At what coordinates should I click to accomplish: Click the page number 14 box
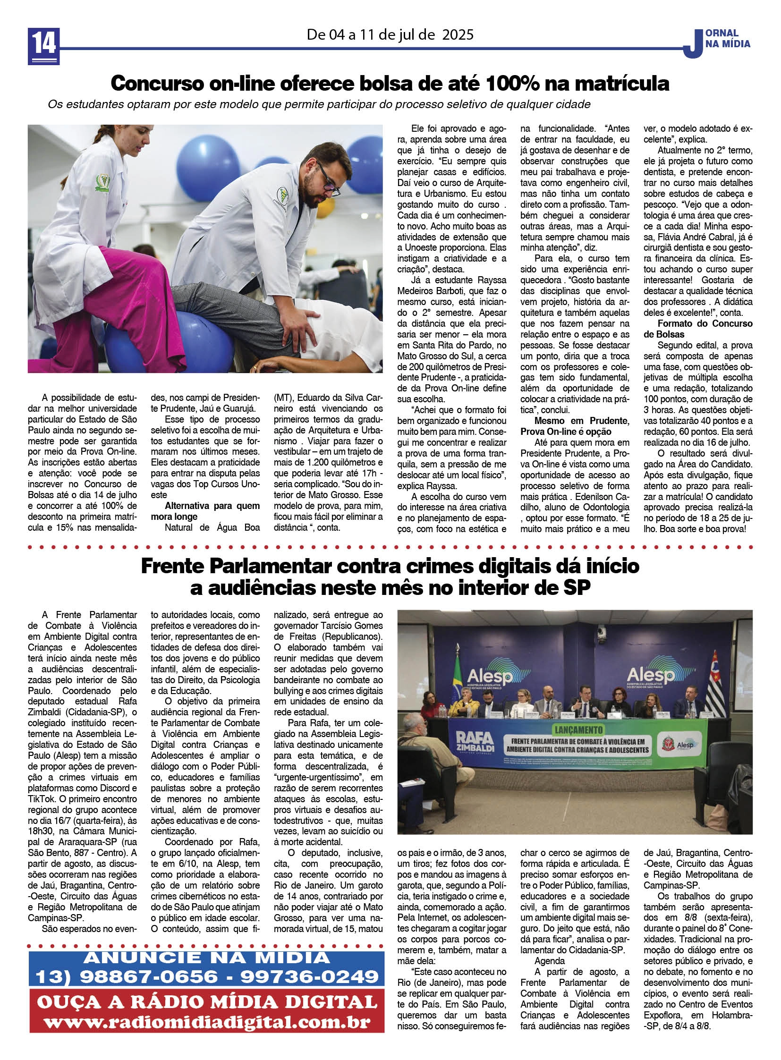(x=44, y=45)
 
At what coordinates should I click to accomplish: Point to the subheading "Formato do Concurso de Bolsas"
(x=698, y=329)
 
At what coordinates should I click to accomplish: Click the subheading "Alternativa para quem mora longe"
(x=205, y=511)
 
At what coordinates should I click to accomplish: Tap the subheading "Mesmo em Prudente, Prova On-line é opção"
(x=574, y=426)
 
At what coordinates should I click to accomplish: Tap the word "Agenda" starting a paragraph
(x=549, y=961)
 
